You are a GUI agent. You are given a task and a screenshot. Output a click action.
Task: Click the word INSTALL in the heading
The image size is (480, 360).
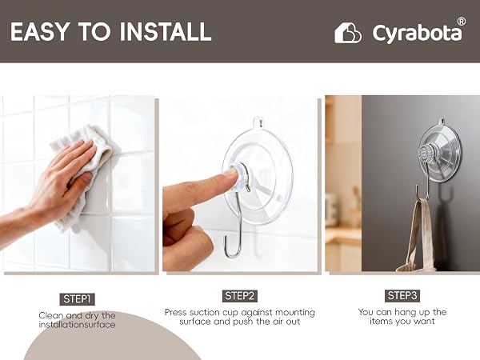166,31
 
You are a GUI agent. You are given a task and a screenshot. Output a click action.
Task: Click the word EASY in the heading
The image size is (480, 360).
40,31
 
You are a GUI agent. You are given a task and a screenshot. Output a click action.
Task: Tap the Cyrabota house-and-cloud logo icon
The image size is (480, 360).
347,33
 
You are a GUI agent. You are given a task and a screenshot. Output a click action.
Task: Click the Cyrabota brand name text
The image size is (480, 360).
418,33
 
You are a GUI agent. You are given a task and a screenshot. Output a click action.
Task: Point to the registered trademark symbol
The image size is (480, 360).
462,22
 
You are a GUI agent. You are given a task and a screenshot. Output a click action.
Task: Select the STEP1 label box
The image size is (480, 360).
77,299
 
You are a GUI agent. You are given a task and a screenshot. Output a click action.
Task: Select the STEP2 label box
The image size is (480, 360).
240,296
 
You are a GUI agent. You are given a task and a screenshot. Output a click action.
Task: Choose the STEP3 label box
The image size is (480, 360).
402,296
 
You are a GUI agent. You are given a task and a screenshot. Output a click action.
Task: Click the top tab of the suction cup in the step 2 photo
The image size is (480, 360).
258,122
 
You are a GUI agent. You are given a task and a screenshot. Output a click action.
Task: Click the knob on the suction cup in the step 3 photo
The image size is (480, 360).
424,154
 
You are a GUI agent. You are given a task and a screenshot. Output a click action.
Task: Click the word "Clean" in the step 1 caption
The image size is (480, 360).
51,315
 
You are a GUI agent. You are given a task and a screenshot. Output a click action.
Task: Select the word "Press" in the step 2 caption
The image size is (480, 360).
176,312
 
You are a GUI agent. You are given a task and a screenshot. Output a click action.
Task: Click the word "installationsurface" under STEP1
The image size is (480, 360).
77,325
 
